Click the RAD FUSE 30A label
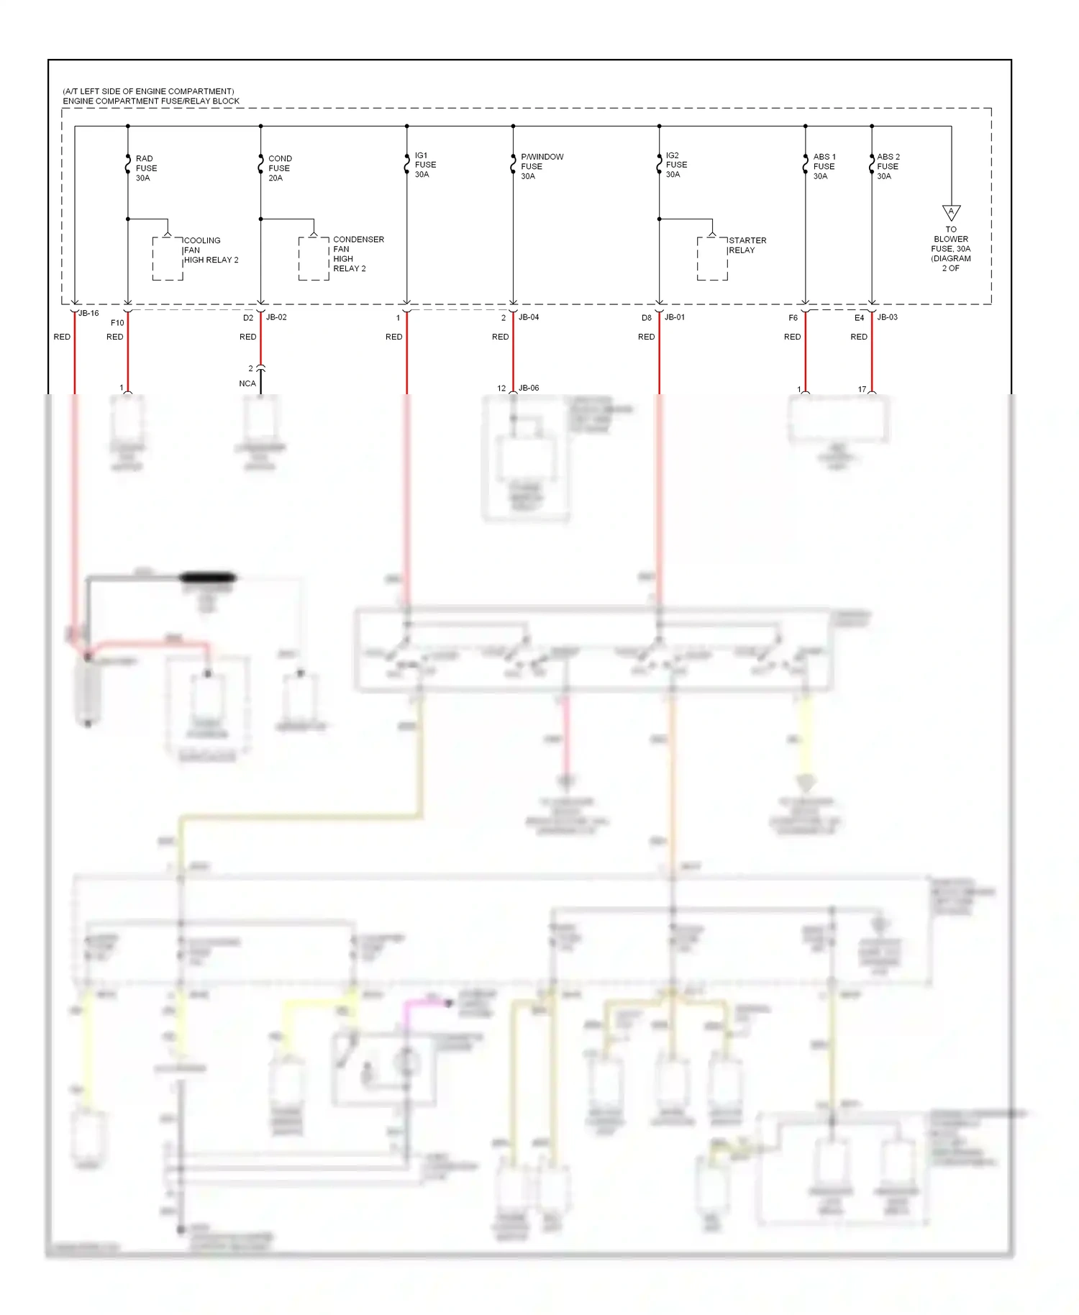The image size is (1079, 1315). coord(146,168)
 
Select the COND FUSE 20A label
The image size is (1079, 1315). coord(279,168)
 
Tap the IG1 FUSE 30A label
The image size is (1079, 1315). coord(425,165)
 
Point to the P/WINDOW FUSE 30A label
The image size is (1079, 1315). coord(541,166)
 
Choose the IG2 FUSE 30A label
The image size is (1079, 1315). coord(675,165)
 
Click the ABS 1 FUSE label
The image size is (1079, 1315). coord(824,166)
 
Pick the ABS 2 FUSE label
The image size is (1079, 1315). coord(888,166)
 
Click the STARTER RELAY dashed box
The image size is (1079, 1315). coord(712,258)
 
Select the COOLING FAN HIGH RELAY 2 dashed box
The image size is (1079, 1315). coord(168,258)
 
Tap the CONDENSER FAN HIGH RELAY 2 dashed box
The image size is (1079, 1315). coord(314,258)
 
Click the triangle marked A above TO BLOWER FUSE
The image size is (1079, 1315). coord(951,212)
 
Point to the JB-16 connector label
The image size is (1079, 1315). coord(88,313)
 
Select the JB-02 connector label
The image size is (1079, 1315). coord(276,317)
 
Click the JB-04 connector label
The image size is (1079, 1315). coord(529,317)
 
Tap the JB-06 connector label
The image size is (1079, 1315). coord(529,388)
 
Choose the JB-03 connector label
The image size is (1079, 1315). coord(887,317)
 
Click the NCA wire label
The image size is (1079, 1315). coord(247,383)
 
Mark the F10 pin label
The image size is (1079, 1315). coord(117,323)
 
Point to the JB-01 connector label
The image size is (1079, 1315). coord(675,317)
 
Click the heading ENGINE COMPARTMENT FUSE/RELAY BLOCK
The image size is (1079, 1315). coord(151,101)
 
